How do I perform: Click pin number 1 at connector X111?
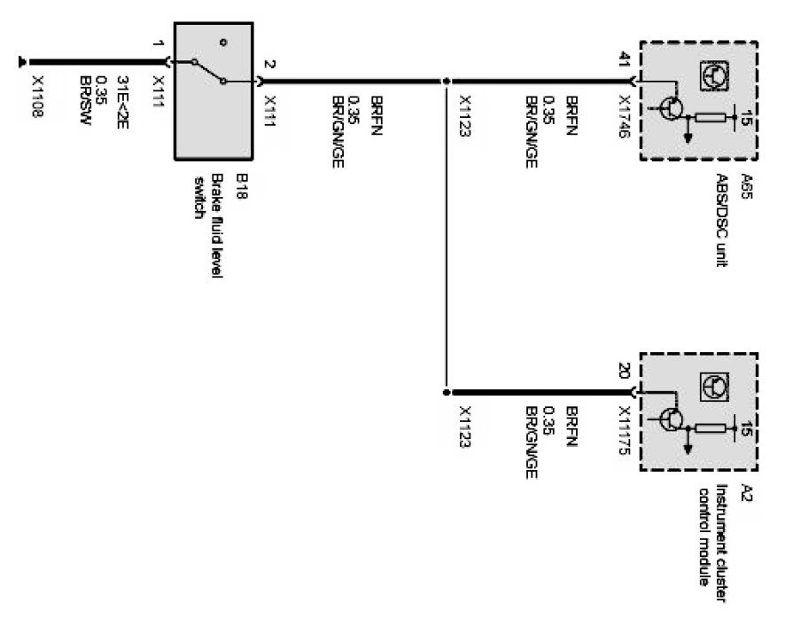157,45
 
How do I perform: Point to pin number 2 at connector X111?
269,65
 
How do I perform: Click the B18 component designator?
239,187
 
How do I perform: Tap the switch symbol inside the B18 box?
211,71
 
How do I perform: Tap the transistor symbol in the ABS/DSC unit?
672,108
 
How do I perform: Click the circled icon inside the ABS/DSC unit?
712,75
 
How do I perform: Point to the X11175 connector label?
625,430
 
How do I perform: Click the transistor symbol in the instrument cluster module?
672,418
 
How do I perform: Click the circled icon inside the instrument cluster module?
712,385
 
